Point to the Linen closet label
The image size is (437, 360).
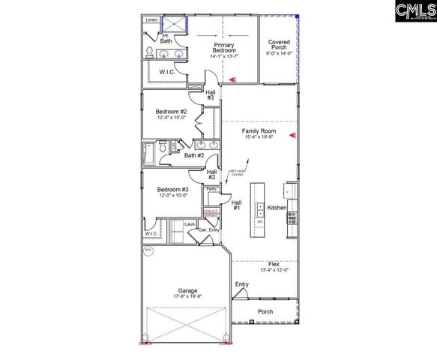click(151, 20)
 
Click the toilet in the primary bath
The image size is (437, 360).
click(150, 52)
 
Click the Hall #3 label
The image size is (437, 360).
click(211, 94)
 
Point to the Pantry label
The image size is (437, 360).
click(211, 190)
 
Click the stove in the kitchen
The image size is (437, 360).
click(292, 218)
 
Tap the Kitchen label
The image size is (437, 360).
click(277, 207)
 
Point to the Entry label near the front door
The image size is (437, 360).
click(241, 284)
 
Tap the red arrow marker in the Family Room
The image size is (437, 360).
click(294, 136)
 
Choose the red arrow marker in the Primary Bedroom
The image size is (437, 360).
click(233, 78)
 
